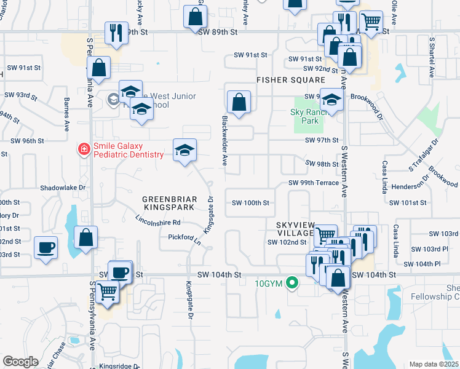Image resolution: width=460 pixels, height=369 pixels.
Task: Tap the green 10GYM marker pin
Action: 293,284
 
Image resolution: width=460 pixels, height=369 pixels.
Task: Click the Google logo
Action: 20,362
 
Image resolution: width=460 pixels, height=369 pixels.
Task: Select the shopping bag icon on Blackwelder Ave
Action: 239,102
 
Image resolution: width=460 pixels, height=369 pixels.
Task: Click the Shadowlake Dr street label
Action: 62,188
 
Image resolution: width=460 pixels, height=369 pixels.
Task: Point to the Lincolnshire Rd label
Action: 158,221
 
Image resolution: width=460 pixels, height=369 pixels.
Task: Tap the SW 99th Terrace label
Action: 314,183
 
